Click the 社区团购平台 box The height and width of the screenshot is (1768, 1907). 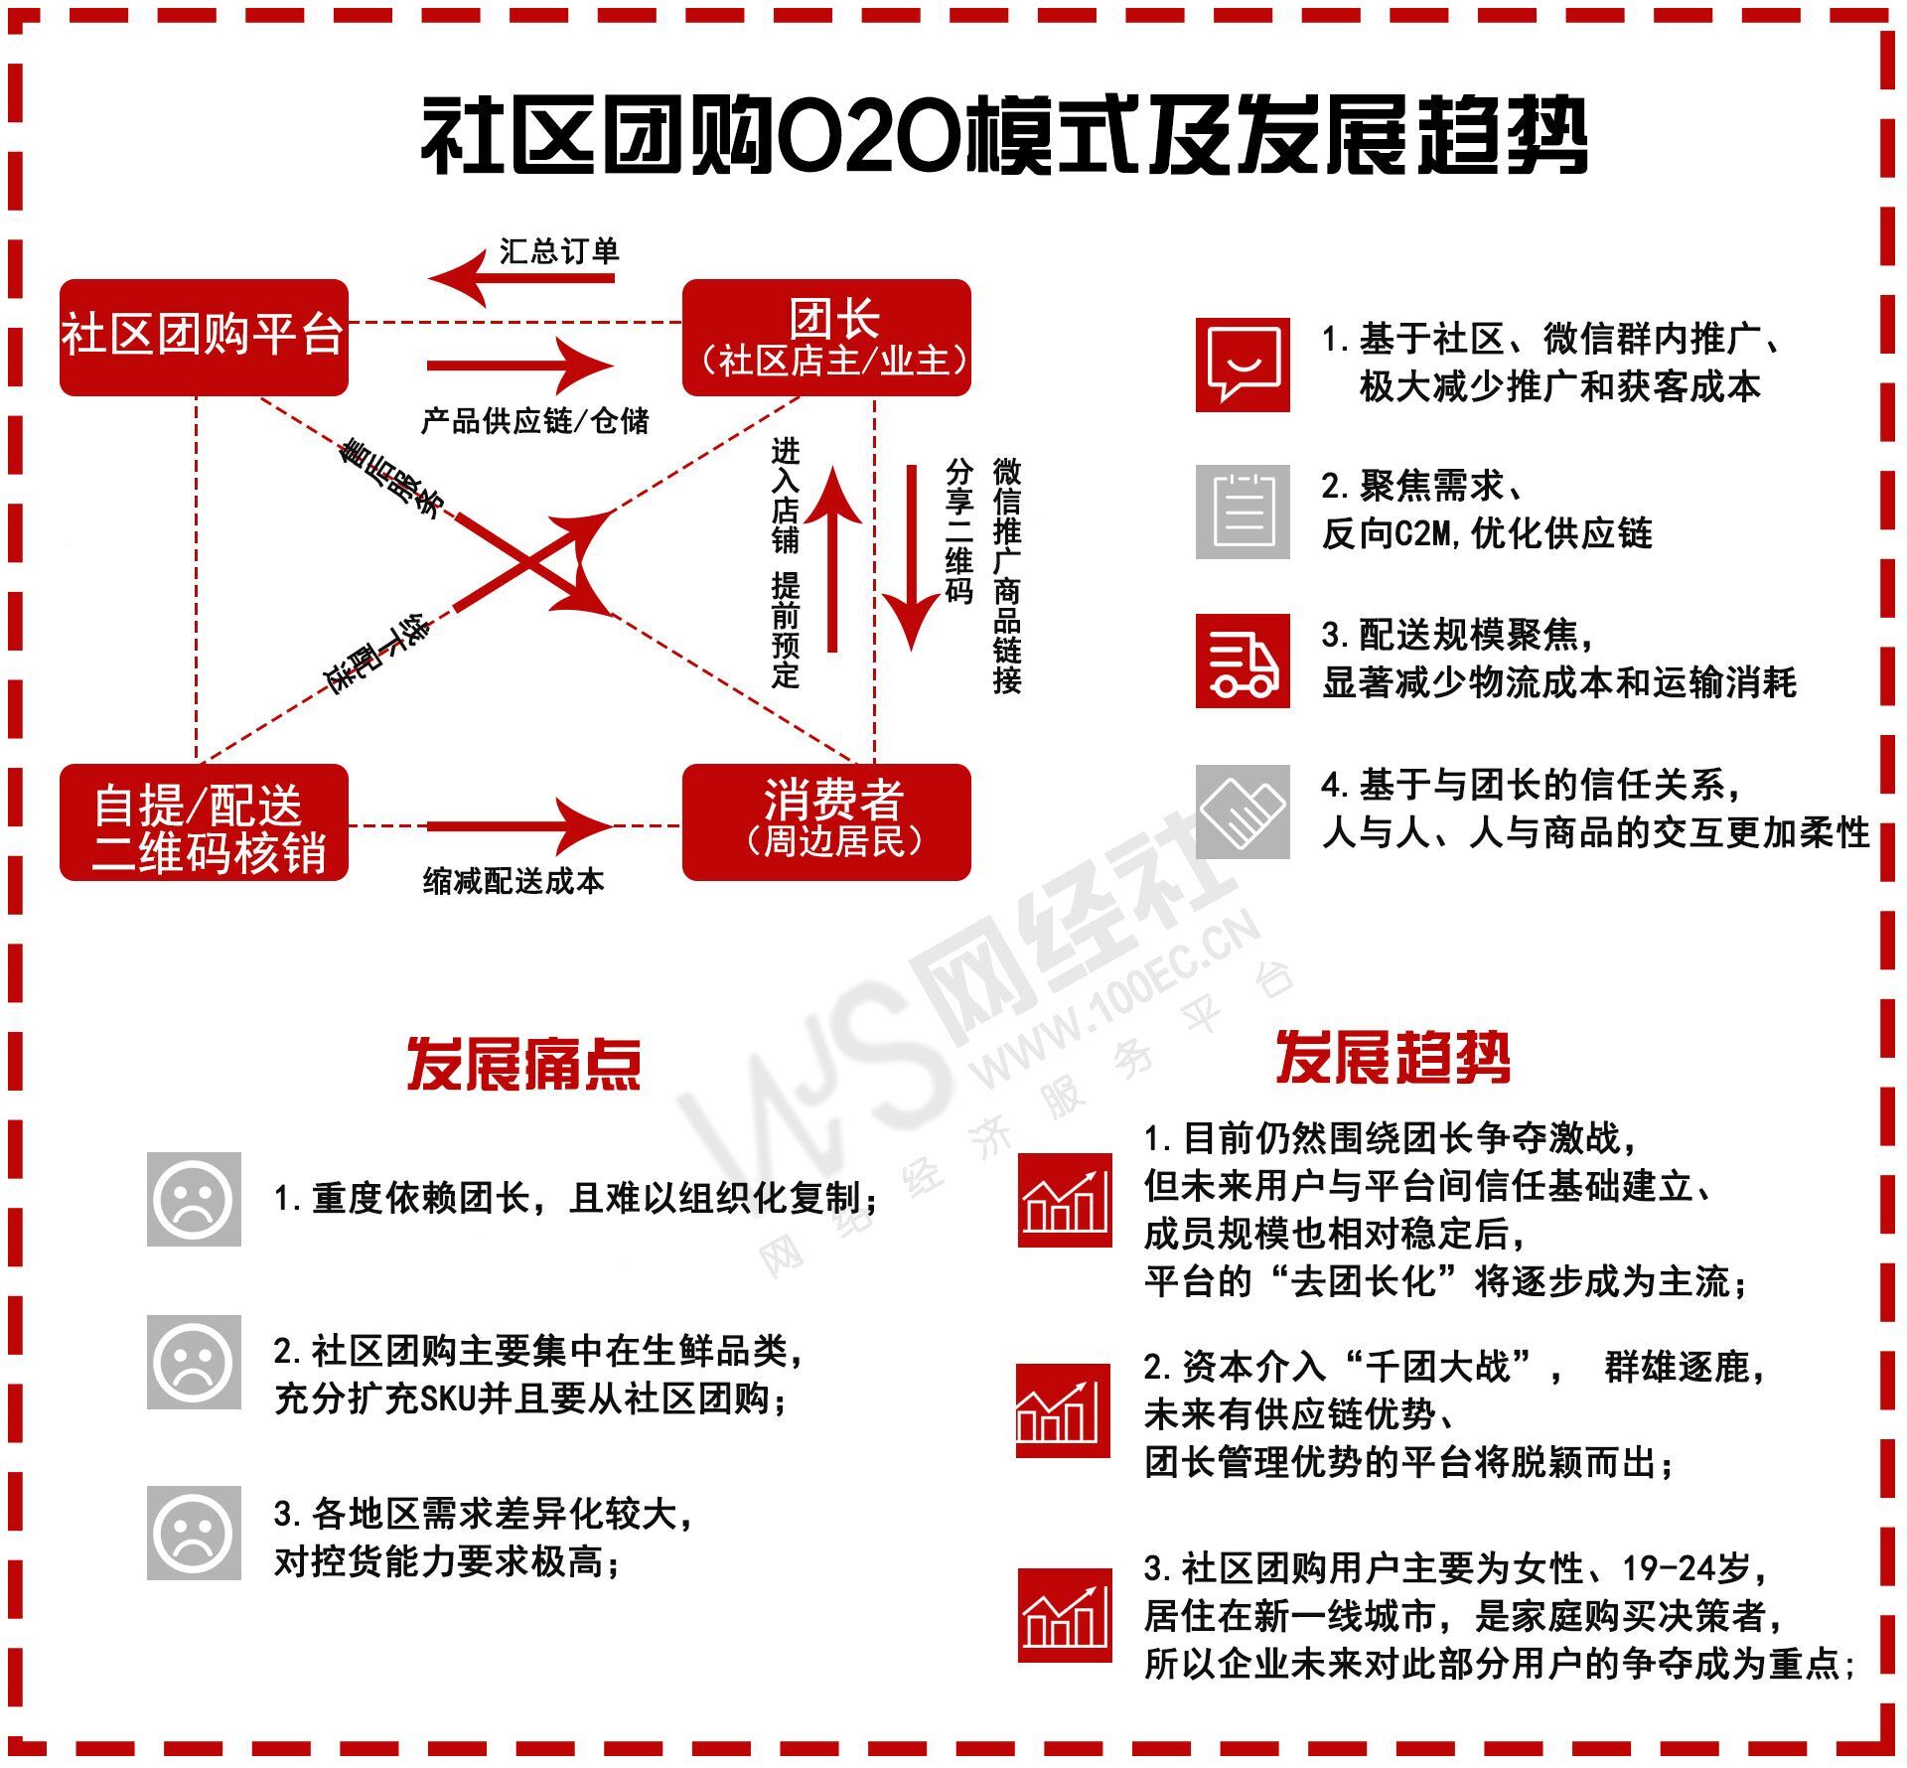(x=204, y=337)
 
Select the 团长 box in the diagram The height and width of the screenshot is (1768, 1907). (x=826, y=337)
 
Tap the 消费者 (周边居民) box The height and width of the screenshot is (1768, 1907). (x=826, y=821)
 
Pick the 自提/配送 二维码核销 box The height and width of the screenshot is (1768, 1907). (x=204, y=821)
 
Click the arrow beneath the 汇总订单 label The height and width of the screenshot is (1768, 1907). (x=521, y=277)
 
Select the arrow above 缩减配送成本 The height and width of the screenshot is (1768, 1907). (x=519, y=825)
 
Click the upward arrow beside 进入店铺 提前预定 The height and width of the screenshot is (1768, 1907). (x=832, y=558)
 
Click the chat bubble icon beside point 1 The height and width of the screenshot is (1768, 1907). (x=1243, y=365)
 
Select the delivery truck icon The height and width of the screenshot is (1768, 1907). (x=1243, y=661)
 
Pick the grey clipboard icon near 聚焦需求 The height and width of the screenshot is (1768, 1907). (x=1243, y=512)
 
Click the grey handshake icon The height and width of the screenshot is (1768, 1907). (x=1243, y=811)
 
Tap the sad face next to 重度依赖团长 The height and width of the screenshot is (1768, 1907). (x=194, y=1199)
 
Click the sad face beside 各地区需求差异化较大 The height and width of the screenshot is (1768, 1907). (x=194, y=1533)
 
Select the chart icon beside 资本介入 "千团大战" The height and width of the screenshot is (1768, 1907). (x=1063, y=1410)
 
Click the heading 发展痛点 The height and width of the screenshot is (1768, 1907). (x=523, y=1065)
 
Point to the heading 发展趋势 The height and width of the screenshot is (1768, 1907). (x=1393, y=1057)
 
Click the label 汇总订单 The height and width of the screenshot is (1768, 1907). (x=559, y=251)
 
